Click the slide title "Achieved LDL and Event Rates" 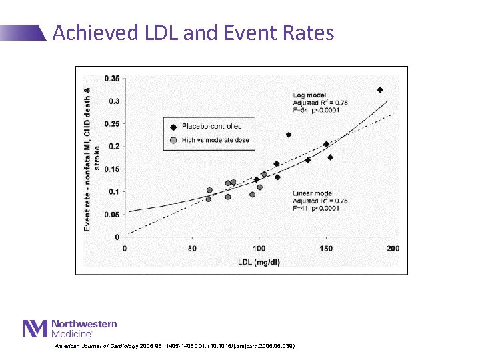[193, 32]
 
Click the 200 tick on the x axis [393, 248]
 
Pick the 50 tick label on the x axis [192, 248]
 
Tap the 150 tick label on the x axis [326, 248]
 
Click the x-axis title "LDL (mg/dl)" [259, 261]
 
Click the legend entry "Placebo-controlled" [211, 125]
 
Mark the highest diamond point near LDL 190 [380, 89]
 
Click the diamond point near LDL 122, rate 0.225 [289, 135]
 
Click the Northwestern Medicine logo [69, 328]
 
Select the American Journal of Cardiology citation [175, 346]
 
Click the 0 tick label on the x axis [125, 248]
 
